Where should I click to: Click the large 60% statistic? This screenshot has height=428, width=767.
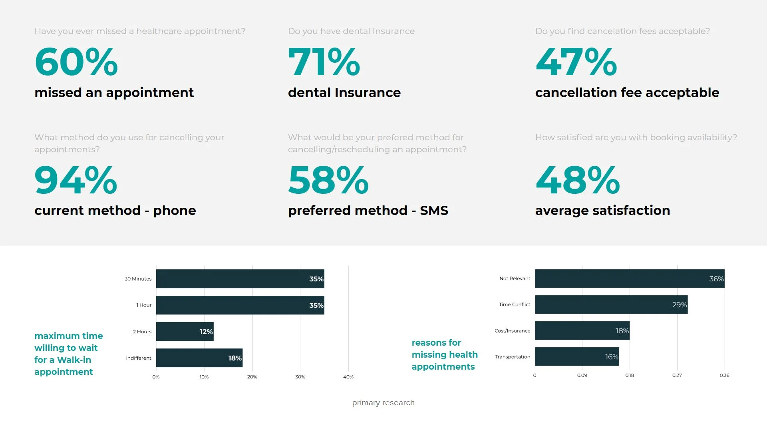tap(76, 62)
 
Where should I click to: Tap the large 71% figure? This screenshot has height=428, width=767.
tap(324, 62)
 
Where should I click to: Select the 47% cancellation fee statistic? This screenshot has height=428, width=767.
tap(576, 62)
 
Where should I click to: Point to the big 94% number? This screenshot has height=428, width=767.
tap(76, 180)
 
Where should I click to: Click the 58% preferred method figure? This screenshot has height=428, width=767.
tap(328, 180)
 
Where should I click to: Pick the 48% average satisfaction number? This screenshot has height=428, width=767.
tap(577, 180)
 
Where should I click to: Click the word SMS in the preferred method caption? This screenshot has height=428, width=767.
tap(434, 211)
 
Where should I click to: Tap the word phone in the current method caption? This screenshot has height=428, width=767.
tap(174, 211)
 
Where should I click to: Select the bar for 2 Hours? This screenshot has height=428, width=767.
tap(185, 332)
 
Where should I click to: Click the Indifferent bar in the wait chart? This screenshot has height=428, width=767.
tap(199, 358)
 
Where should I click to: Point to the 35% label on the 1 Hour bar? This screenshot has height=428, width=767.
tap(316, 305)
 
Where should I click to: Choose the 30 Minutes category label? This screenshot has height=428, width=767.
tap(138, 279)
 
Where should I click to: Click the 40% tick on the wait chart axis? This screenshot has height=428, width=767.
tap(348, 377)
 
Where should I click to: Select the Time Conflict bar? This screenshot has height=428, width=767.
tap(611, 305)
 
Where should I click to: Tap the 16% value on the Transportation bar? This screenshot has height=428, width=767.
tap(611, 357)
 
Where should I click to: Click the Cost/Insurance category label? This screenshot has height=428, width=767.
tap(512, 331)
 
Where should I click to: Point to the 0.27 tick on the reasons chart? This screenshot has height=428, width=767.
tap(677, 375)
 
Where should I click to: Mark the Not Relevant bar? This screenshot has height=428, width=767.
tap(629, 279)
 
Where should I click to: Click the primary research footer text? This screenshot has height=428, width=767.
tap(383, 403)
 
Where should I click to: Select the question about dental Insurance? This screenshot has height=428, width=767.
tap(351, 31)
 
